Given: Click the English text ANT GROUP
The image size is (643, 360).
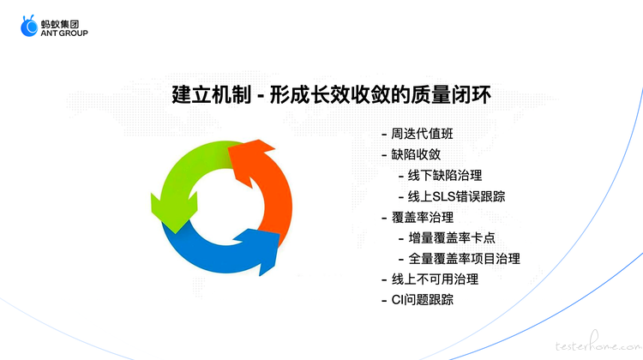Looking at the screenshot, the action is pos(64,33).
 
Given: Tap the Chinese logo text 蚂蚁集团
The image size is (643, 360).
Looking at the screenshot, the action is pos(60,24).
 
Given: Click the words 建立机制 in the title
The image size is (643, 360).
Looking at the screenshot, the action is pos(212,95).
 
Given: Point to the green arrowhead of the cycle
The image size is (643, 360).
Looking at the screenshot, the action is pos(174,212).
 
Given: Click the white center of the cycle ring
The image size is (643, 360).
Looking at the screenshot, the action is pos(225,207).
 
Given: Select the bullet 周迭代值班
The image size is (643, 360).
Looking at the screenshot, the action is pos(422,134).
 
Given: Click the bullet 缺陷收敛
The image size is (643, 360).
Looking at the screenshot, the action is pos(416,154).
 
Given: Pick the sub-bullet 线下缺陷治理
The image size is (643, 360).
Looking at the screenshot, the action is pos(445,176).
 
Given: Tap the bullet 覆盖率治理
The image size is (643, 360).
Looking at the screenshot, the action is pos(423,218).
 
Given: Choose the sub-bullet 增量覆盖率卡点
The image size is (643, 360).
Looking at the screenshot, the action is pos(452,237).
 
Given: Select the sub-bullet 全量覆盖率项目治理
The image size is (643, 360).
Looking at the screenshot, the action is pos(464,259).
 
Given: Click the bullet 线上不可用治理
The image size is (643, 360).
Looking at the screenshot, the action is pos(435,279).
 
